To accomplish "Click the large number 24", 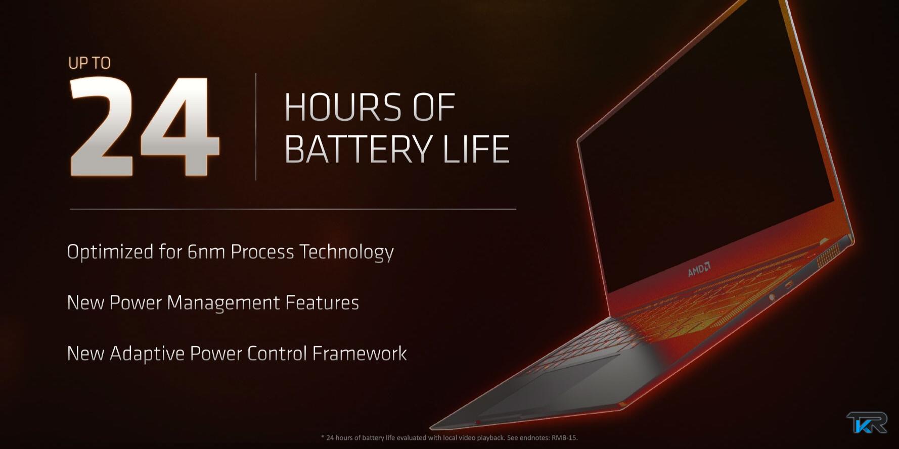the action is pyautogui.click(x=144, y=126).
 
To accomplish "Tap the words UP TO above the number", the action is pyautogui.click(x=89, y=63).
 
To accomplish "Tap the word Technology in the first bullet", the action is pyautogui.click(x=346, y=252).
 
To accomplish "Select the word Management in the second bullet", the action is pyautogui.click(x=223, y=303).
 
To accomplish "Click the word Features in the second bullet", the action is pyautogui.click(x=322, y=303).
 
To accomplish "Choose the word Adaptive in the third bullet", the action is pyautogui.click(x=147, y=354).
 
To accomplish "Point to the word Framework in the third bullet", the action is pyautogui.click(x=359, y=353).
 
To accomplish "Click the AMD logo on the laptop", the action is pyautogui.click(x=699, y=269).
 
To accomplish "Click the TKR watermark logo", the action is pyautogui.click(x=867, y=422).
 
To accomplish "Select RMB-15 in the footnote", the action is pyautogui.click(x=564, y=438).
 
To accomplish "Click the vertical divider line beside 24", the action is pyautogui.click(x=256, y=126).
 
